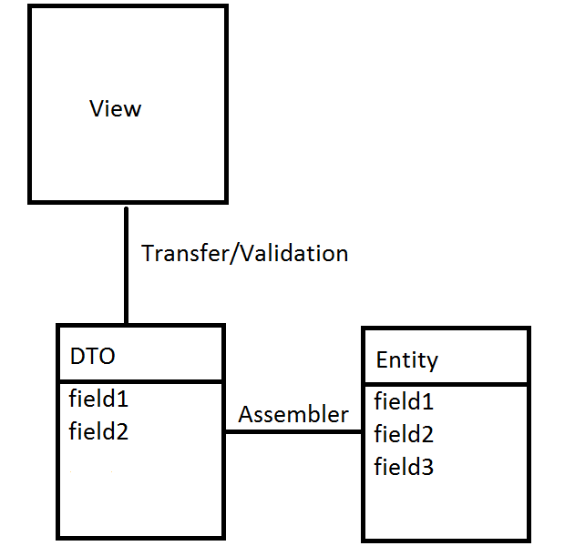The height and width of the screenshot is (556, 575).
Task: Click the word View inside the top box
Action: pyautogui.click(x=116, y=109)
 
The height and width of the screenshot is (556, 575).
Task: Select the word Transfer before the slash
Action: pyautogui.click(x=179, y=253)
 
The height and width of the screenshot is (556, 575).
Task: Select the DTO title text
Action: pyautogui.click(x=93, y=357)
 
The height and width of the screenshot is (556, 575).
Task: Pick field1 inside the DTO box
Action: pyautogui.click(x=98, y=399)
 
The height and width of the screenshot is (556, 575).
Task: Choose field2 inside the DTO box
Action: pyautogui.click(x=98, y=431)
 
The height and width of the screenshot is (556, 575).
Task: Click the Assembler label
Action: pyautogui.click(x=293, y=415)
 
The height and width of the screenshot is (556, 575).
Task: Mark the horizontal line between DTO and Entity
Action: pyautogui.click(x=293, y=432)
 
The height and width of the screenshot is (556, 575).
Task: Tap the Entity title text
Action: pyautogui.click(x=406, y=360)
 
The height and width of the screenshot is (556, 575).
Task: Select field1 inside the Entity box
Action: pyautogui.click(x=405, y=401)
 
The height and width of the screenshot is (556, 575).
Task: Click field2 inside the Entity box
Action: pyautogui.click(x=405, y=434)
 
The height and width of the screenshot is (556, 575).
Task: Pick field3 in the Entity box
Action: pyautogui.click(x=405, y=468)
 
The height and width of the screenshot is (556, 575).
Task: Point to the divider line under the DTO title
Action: pyautogui.click(x=140, y=381)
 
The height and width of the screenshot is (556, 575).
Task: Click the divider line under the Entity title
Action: pyautogui.click(x=446, y=384)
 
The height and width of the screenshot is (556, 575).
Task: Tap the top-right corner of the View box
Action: pyautogui.click(x=225, y=7)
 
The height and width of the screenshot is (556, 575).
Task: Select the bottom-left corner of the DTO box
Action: pyautogui.click(x=58, y=537)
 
